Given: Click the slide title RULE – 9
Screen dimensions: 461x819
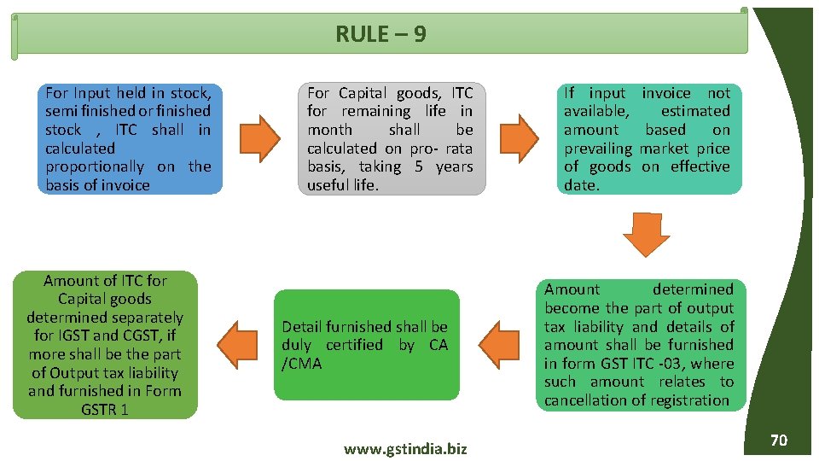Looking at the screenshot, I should pyautogui.click(x=380, y=34).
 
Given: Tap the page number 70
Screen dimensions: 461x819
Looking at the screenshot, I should pyautogui.click(x=778, y=441).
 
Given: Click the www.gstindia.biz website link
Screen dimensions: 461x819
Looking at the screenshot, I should pyautogui.click(x=405, y=449).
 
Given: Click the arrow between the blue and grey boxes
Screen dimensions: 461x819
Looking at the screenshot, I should pyautogui.click(x=258, y=138).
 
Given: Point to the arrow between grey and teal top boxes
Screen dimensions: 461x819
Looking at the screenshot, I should pyautogui.click(x=518, y=138).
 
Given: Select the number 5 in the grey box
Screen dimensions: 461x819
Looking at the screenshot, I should pyautogui.click(x=419, y=166).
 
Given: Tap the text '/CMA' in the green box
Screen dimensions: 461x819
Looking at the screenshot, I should pyautogui.click(x=300, y=364).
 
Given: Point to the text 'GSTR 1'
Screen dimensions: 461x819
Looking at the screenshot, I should pyautogui.click(x=105, y=410).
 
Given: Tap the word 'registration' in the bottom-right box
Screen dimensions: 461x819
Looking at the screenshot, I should pyautogui.click(x=690, y=400).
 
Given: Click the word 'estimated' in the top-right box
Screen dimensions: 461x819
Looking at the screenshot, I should pyautogui.click(x=695, y=111).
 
